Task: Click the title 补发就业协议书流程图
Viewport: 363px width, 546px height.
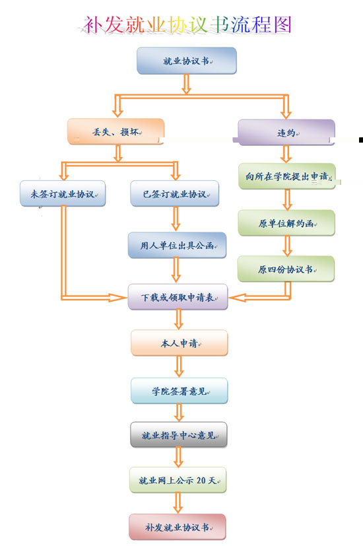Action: [x=187, y=24]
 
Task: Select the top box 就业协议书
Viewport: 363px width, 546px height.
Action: [x=187, y=61]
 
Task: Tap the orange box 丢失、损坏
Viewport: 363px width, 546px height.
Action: [x=116, y=131]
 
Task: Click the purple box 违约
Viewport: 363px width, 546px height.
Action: [x=286, y=132]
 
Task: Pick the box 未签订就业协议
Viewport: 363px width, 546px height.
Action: [x=63, y=193]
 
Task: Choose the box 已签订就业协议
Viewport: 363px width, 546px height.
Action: [x=175, y=193]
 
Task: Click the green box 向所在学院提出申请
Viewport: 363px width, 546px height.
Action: [x=287, y=176]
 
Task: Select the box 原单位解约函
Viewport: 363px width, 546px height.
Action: [x=286, y=223]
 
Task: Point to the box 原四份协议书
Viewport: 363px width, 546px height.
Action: [x=286, y=269]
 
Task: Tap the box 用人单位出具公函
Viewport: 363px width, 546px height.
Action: [x=177, y=245]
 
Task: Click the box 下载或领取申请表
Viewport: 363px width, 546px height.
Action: [x=178, y=296]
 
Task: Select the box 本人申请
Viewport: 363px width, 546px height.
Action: [x=180, y=343]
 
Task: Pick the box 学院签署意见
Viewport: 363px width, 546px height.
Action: [x=180, y=391]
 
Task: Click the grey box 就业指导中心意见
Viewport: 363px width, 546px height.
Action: [x=179, y=434]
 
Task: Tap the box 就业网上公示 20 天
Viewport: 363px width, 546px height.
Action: [x=178, y=480]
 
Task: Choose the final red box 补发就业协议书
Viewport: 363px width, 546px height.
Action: [x=177, y=527]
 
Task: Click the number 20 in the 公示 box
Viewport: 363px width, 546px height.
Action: [x=201, y=481]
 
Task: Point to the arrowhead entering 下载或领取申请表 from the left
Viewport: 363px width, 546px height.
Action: [x=118, y=297]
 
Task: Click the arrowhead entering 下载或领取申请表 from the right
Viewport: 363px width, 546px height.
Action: [x=238, y=297]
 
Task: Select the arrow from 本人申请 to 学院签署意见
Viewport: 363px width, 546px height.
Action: [x=180, y=366]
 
